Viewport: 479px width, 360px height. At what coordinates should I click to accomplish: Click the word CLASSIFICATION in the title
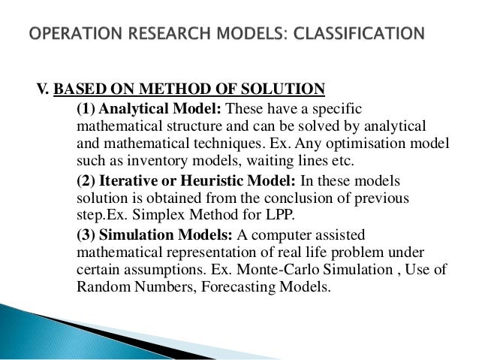click(360, 33)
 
